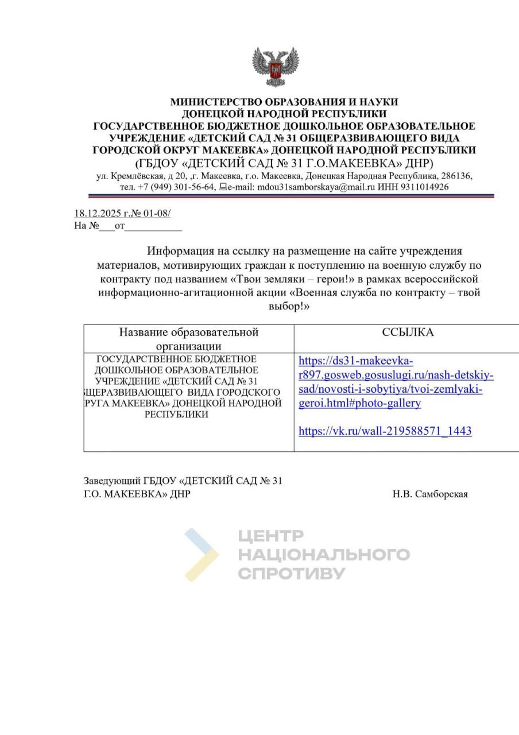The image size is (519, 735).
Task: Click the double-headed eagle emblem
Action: click(276, 67)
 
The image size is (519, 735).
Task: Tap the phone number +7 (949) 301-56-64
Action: click(177, 187)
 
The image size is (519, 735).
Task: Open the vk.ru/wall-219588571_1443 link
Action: click(385, 431)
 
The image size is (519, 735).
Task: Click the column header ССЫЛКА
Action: click(408, 332)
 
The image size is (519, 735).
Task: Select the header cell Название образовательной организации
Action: click(189, 338)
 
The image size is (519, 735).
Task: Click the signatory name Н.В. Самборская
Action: click(430, 494)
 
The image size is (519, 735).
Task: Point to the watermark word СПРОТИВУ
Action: click(291, 573)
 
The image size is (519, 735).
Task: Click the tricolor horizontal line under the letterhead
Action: click(284, 196)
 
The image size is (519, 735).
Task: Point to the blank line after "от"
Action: click(153, 226)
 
